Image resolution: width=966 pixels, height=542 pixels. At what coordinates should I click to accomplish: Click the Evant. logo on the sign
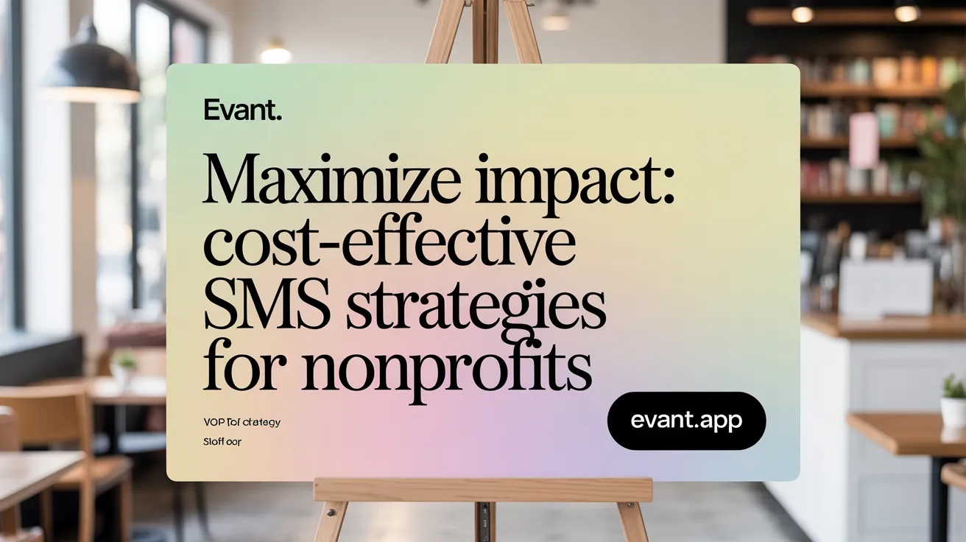coord(242,112)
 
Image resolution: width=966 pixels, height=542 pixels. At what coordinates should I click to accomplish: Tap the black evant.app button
coord(686,421)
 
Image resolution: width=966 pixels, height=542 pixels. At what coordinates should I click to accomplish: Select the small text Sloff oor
coord(222,443)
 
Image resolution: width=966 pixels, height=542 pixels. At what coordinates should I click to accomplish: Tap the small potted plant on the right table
coord(953,401)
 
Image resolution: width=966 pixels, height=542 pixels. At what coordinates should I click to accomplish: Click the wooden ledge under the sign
coord(483,490)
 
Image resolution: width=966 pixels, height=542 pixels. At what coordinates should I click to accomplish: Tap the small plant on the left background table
coord(124,365)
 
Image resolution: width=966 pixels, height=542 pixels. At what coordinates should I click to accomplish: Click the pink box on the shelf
coord(863,140)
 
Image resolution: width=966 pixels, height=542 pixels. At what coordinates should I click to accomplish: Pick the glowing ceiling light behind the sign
coord(275,53)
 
